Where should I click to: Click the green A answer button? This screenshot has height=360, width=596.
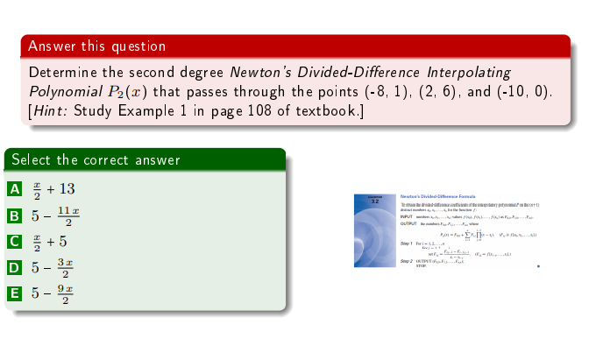click(x=14, y=189)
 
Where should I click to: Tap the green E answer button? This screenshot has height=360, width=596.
click(x=14, y=293)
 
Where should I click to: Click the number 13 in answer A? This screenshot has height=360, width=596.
click(x=67, y=189)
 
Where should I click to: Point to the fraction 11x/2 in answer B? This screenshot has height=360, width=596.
click(x=69, y=215)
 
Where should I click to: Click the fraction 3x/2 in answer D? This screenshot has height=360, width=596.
click(x=63, y=267)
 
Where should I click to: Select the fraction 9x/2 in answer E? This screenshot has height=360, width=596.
click(x=63, y=293)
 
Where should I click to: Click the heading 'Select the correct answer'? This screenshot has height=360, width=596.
click(x=96, y=159)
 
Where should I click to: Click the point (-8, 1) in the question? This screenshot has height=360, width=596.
click(x=386, y=91)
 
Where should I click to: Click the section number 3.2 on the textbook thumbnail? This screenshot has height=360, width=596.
click(x=376, y=201)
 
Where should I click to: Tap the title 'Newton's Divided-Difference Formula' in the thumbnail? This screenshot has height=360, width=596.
click(x=437, y=197)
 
